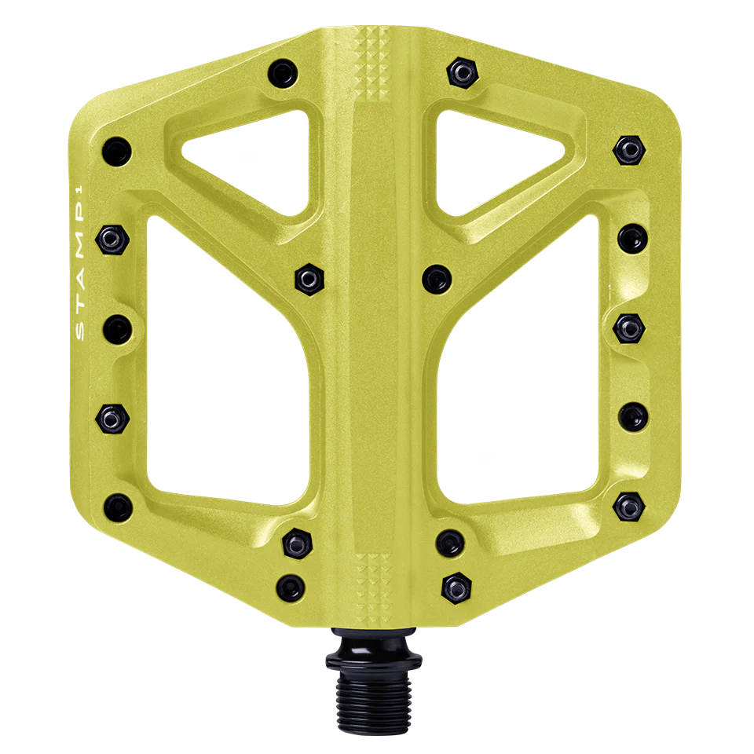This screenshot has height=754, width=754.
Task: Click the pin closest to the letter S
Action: click(116, 324)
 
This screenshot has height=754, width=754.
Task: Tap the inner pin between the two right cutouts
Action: click(436, 276)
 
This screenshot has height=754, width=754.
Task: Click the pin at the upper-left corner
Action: click(116, 147)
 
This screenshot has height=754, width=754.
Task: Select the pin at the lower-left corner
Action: click(116, 503)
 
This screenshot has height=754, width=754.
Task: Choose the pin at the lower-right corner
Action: click(629, 503)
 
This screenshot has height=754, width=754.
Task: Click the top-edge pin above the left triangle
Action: click(280, 75)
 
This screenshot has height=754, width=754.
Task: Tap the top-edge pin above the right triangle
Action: click(463, 73)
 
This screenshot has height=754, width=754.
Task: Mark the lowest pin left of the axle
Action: click(291, 584)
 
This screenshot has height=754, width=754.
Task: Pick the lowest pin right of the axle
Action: click(456, 584)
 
